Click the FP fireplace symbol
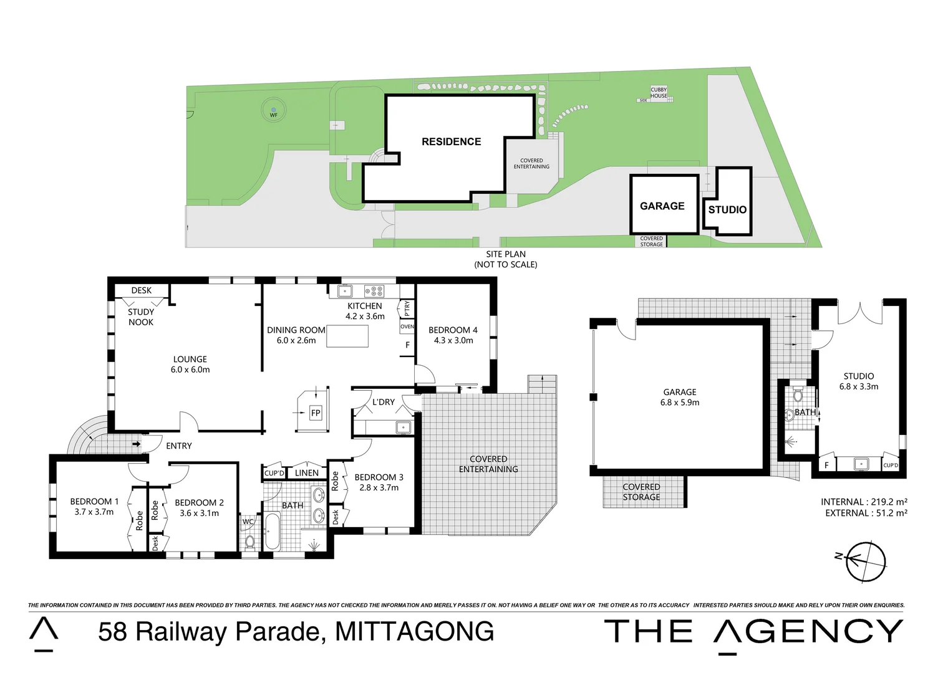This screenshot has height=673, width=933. coord(316,413)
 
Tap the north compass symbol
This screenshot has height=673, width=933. coord(865,561)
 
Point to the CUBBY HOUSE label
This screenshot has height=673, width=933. coord(659,93)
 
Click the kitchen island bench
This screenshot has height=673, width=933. coord(347,336)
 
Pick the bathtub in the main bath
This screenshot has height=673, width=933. coord(273,531)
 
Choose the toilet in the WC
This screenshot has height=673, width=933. coord(249,541)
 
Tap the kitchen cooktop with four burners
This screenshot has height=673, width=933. coord(374,291)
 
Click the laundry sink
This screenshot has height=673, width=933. coord(404,427)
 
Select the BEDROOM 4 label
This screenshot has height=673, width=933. coord(453,330)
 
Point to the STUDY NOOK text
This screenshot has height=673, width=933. coord(141,317)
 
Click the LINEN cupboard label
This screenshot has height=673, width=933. coord(307,473)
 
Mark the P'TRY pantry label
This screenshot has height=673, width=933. coord(407,307)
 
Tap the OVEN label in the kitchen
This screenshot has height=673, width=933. coord(407,327)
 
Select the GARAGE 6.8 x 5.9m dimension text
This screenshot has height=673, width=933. coord(680,403)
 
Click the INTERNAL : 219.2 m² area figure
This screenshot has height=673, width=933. coord(864,502)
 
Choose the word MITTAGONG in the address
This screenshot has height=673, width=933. coord(415,631)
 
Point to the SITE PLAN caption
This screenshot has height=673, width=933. coord(506,254)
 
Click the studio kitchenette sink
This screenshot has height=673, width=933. coord(861,464)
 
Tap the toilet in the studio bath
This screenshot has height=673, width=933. coord(798,395)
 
